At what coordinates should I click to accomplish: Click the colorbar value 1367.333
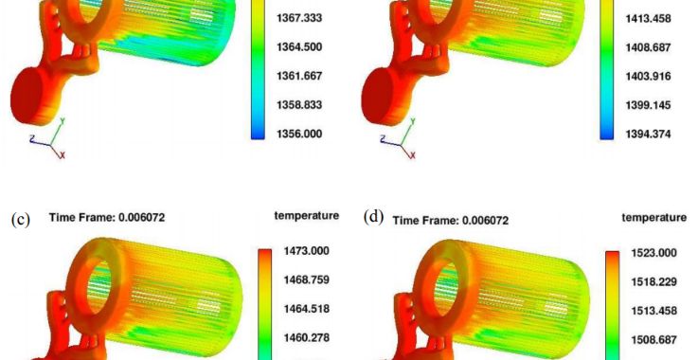299,18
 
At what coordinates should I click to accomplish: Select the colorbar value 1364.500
299,47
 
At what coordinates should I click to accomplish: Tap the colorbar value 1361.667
299,76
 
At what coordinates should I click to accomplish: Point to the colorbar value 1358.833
299,105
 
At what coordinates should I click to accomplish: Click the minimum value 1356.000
299,134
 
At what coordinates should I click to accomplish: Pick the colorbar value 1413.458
648,19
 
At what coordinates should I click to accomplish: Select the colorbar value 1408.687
648,47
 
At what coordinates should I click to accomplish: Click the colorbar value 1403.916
648,76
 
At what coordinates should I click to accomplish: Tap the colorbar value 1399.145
648,105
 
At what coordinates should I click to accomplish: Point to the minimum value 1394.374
648,135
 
